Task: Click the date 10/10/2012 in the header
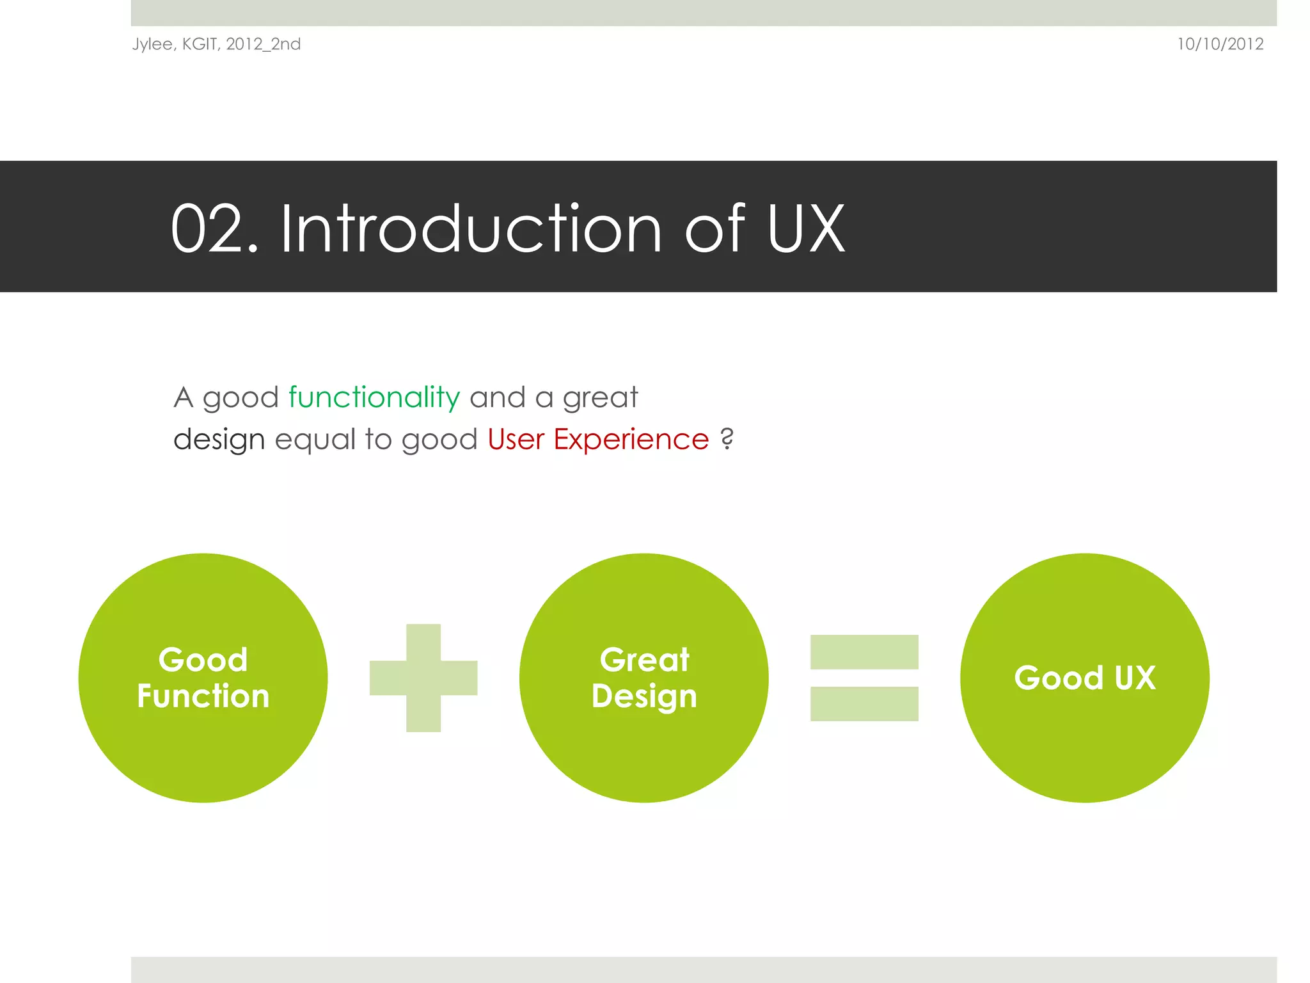(x=1220, y=44)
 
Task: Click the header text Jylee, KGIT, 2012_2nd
(x=216, y=44)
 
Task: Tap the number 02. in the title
(x=214, y=229)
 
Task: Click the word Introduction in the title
(x=471, y=229)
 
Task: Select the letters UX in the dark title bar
(x=806, y=229)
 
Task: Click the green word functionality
(x=374, y=397)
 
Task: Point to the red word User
(x=516, y=440)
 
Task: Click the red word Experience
(x=631, y=440)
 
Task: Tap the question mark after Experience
(x=727, y=439)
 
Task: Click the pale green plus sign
(x=423, y=678)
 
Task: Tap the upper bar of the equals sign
(x=864, y=651)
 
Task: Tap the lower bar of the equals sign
(x=864, y=703)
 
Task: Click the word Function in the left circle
(x=203, y=696)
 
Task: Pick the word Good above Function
(x=203, y=660)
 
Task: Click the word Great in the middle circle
(x=644, y=660)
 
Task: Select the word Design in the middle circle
(x=644, y=697)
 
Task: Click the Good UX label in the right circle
(x=1085, y=678)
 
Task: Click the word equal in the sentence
(x=315, y=440)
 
